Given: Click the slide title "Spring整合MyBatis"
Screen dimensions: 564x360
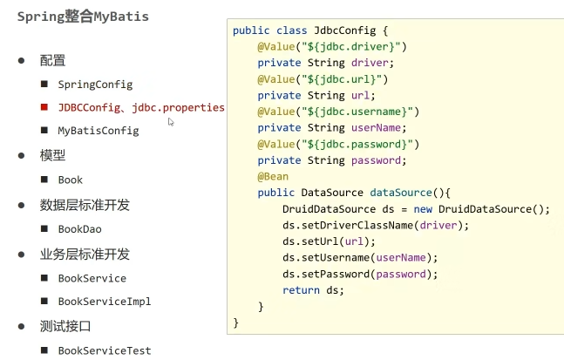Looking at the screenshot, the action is pyautogui.click(x=83, y=17).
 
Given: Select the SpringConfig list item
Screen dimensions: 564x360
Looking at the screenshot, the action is pyautogui.click(x=95, y=85).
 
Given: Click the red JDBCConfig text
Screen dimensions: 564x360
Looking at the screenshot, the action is pyautogui.click(x=88, y=107).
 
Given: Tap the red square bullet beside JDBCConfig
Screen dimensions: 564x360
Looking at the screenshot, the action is pyautogui.click(x=44, y=107).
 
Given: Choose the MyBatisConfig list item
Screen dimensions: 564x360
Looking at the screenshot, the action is pyautogui.click(x=99, y=131).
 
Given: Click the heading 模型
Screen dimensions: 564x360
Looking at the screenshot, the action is pyautogui.click(x=52, y=155).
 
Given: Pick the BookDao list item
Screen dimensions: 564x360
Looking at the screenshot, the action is pyautogui.click(x=80, y=228).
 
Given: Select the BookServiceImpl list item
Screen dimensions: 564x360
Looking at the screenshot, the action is pyautogui.click(x=105, y=302).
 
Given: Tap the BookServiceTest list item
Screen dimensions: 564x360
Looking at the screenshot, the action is pyautogui.click(x=105, y=350).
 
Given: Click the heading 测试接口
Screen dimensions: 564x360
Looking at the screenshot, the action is pyautogui.click(x=65, y=326).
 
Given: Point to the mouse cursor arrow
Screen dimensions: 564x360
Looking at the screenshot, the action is pyautogui.click(x=171, y=122).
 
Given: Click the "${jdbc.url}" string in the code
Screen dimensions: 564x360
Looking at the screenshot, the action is pyautogui.click(x=334, y=78).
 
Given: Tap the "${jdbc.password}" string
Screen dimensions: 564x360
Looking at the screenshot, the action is pyautogui.click(x=352, y=145).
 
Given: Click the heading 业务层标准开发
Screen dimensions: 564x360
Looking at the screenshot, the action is pyautogui.click(x=85, y=254).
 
